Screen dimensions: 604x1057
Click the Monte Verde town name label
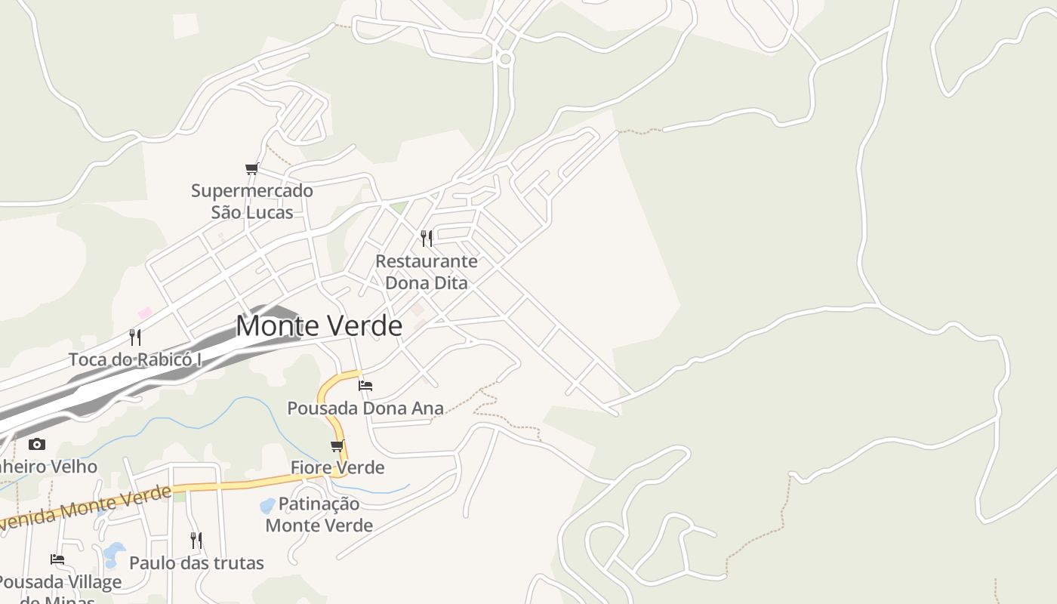pos(319,326)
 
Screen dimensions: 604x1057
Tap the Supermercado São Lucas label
pos(252,202)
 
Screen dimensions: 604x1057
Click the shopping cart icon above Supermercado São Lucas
pos(252,168)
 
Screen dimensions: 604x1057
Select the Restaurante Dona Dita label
pos(427,272)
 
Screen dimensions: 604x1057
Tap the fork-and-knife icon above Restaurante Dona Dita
pos(427,239)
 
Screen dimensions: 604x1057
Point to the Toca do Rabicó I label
pos(135,359)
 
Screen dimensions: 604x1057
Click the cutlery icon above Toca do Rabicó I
pos(135,337)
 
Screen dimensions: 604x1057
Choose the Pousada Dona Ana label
pos(365,408)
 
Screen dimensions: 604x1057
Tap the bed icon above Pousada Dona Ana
pos(365,386)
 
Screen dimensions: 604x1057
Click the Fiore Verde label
pos(337,467)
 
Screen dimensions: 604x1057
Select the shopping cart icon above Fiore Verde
pos(337,445)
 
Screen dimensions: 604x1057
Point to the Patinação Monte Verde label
pos(319,514)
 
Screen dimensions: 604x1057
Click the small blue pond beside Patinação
pos(267,505)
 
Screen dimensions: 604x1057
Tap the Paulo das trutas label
pos(196,563)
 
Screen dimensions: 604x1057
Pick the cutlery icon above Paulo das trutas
pos(196,541)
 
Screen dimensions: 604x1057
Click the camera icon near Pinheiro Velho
pos(37,444)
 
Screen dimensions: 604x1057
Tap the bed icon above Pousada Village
pos(57,559)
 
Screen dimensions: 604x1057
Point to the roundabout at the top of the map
pos(506,58)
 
